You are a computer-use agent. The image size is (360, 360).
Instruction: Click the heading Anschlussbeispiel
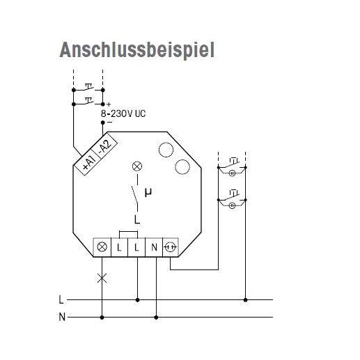coord(137,50)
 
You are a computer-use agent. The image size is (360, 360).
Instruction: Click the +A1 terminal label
coord(89,162)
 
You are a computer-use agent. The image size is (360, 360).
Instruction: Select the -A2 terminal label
coord(105,147)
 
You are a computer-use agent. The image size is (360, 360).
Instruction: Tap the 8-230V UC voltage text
coord(123,114)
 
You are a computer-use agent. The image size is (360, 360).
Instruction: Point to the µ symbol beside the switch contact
coord(148,192)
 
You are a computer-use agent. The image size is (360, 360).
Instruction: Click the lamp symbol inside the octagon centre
coord(137,166)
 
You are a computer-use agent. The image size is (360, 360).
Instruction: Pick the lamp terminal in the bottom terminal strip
coord(102,247)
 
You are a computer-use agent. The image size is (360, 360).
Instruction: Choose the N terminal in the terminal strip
coord(154,247)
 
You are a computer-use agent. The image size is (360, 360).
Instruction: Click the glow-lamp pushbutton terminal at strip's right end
coord(171,247)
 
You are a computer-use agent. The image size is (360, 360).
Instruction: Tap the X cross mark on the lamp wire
coord(102,278)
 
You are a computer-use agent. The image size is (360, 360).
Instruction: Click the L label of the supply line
coord(61,299)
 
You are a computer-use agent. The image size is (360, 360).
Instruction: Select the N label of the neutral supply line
coord(62,317)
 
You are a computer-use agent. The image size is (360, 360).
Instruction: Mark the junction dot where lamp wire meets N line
coord(102,318)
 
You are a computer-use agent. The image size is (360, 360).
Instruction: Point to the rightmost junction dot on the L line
coord(245,300)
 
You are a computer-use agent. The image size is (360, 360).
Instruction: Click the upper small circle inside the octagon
coord(166,150)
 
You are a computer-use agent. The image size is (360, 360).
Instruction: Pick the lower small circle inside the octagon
coord(182,167)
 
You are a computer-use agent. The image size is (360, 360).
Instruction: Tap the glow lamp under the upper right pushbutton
coord(232,173)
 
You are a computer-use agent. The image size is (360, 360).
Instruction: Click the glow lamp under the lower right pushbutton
coord(232,205)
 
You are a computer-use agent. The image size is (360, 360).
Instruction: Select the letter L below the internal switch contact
coord(137,219)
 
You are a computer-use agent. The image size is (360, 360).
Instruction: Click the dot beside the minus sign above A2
coord(103,123)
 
